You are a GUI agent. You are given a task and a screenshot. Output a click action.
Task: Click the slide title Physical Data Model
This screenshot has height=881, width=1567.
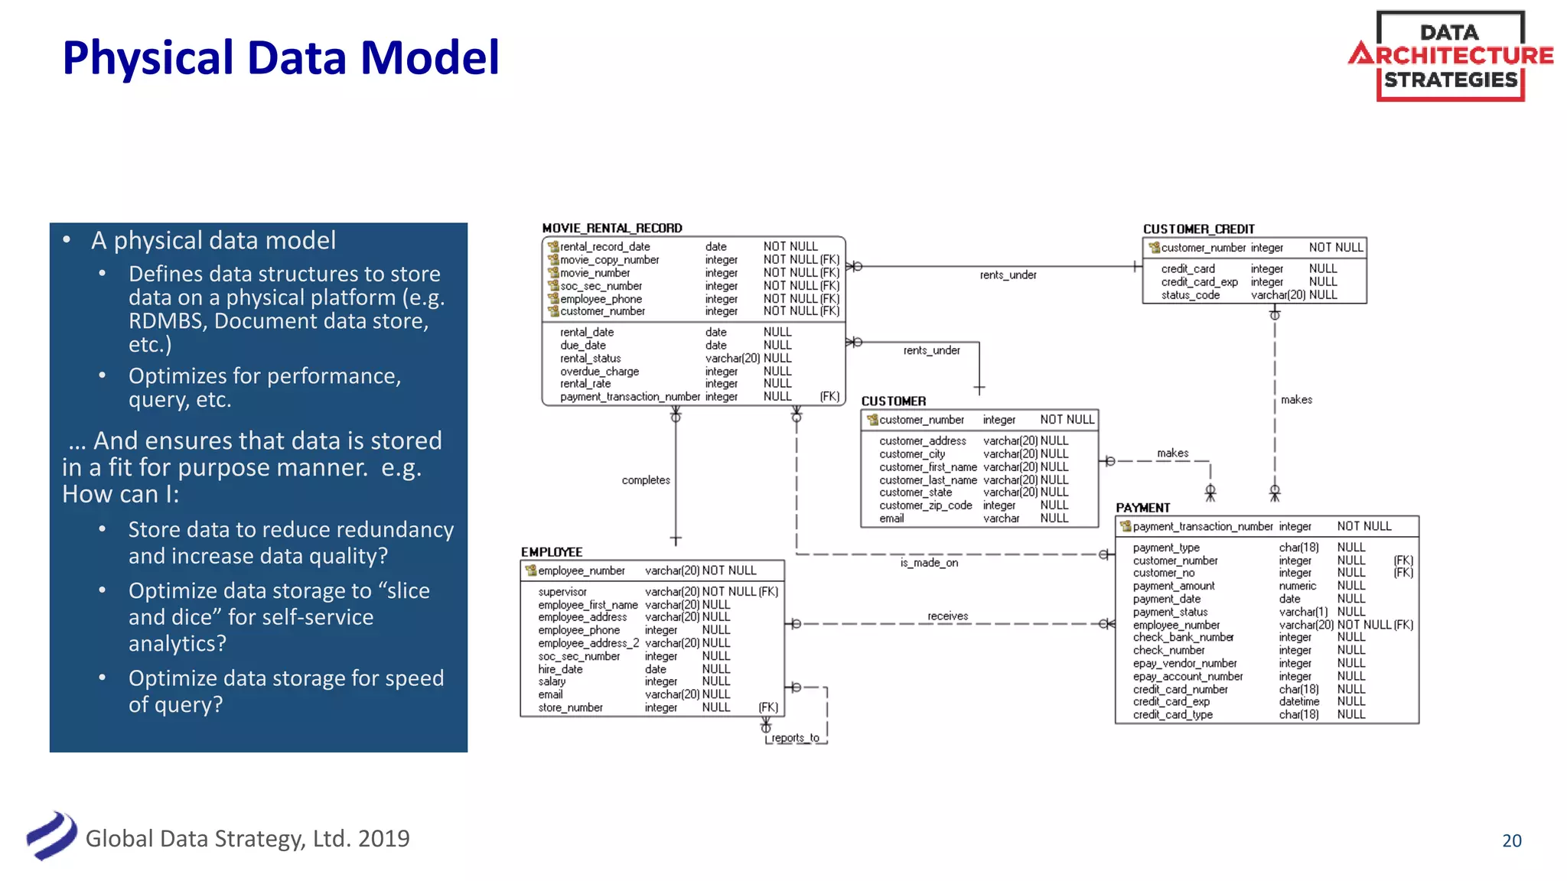(x=281, y=58)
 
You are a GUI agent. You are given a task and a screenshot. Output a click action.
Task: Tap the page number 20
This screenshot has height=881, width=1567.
(x=1511, y=840)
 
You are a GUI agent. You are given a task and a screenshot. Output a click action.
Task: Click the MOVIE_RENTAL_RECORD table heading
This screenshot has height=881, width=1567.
(x=611, y=228)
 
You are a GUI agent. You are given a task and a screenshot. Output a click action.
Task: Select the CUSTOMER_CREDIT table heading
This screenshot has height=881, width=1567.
(x=1198, y=229)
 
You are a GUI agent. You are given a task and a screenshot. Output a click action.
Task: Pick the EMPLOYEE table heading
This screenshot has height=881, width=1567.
(x=552, y=552)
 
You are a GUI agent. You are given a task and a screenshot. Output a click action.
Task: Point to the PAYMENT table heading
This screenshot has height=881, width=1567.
(x=1142, y=508)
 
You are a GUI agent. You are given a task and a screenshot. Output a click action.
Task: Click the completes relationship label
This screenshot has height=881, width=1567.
(x=646, y=480)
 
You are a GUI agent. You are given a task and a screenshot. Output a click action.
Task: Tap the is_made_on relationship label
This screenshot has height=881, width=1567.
(x=929, y=563)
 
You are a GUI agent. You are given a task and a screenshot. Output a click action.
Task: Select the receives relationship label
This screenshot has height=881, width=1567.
(x=947, y=616)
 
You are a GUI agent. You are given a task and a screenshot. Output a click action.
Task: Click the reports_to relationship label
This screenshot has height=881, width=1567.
(x=795, y=738)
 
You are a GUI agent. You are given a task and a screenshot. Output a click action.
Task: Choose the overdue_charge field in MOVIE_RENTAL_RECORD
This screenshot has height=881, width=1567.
(x=599, y=372)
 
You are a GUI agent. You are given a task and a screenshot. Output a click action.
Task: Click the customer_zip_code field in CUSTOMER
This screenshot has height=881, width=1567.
(x=925, y=506)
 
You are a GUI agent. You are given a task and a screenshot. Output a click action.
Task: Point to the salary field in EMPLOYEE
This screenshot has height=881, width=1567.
(x=552, y=681)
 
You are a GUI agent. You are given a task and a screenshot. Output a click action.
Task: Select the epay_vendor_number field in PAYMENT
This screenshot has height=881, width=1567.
(x=1184, y=664)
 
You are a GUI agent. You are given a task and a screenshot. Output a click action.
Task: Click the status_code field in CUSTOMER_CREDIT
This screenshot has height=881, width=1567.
(x=1190, y=295)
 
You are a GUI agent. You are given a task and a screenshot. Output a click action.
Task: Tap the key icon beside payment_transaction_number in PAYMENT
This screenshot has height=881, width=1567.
(x=1125, y=526)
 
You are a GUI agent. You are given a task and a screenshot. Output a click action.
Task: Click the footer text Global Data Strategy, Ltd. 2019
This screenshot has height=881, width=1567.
(x=247, y=839)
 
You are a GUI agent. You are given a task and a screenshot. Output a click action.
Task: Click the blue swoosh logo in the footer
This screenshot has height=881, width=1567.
(x=51, y=836)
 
